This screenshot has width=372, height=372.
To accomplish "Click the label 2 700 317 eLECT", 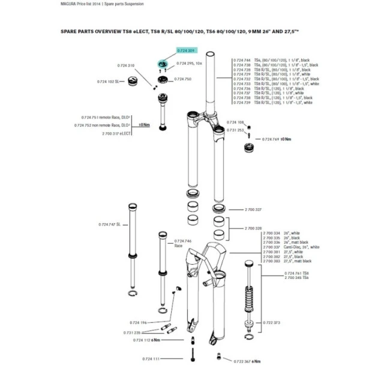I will [117, 133].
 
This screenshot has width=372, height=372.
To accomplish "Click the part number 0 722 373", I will [272, 322].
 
